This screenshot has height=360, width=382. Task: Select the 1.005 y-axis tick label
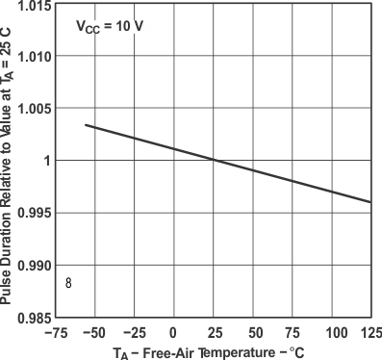33,108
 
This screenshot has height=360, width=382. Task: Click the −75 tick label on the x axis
55,333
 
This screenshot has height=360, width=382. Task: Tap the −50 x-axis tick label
94,333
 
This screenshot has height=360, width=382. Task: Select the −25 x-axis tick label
134,333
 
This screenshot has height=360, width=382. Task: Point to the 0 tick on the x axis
174,333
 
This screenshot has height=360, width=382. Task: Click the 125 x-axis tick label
369,333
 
